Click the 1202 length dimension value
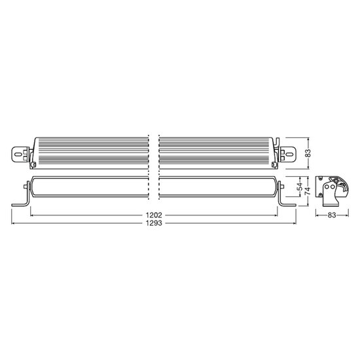pos(154,215)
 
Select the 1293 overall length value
pos(154,223)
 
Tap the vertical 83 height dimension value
pos(309,153)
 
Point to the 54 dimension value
pos(300,187)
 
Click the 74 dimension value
pos(308,191)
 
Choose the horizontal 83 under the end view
pos(332,215)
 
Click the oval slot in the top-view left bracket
pos(18,154)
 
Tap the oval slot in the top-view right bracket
pos(289,153)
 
